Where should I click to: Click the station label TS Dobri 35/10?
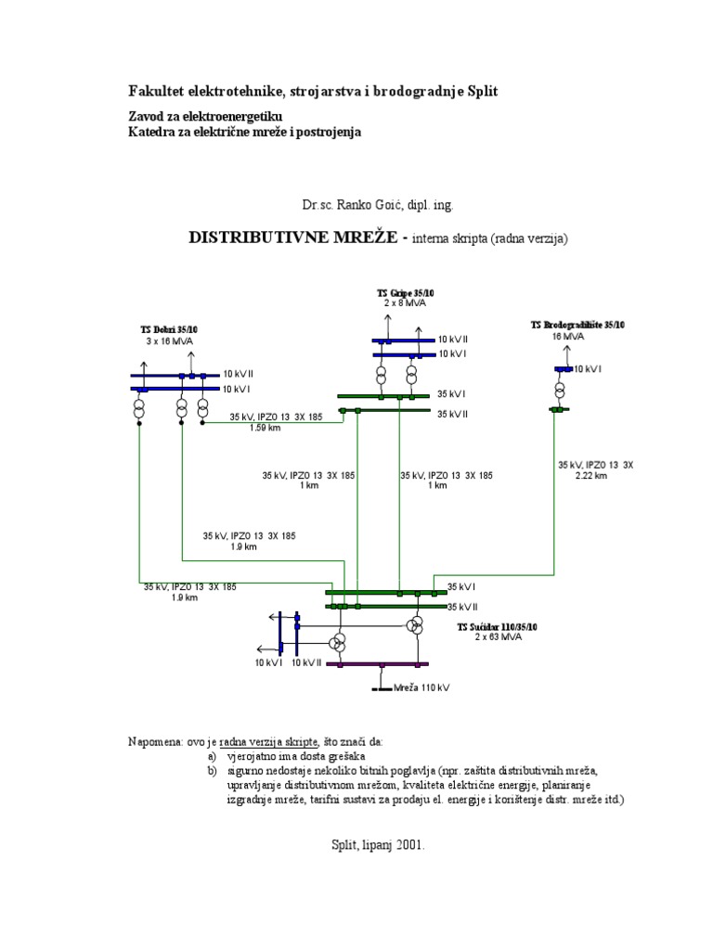[x=175, y=329]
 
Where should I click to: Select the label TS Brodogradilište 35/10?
[x=577, y=326]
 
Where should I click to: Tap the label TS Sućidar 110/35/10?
[x=497, y=627]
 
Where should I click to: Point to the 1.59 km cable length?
[x=266, y=428]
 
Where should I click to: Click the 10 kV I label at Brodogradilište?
[x=589, y=369]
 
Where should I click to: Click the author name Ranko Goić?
[x=354, y=202]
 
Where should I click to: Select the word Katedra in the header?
[x=151, y=132]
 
